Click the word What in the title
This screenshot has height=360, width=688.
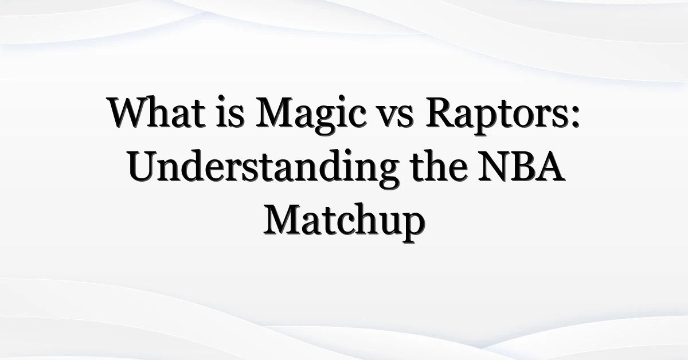click(x=156, y=112)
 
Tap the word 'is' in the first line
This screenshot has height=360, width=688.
click(x=230, y=112)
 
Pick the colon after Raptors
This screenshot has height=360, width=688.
click(x=575, y=118)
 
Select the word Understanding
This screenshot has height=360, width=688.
click(x=264, y=170)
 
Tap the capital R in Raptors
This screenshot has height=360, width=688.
click(x=441, y=112)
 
